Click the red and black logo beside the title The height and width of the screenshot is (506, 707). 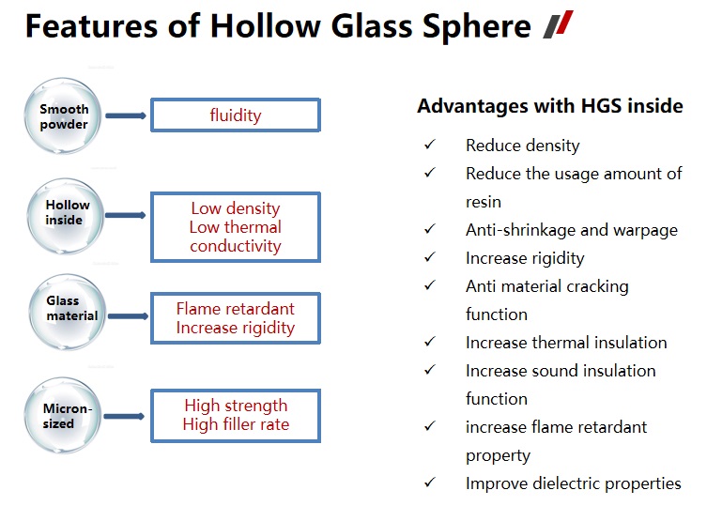pyautogui.click(x=558, y=26)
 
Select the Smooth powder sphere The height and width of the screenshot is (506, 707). pyautogui.click(x=65, y=116)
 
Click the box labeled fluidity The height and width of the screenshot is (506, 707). pyautogui.click(x=236, y=115)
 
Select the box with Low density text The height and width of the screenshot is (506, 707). pyautogui.click(x=236, y=227)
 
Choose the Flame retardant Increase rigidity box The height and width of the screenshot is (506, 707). pyautogui.click(x=236, y=318)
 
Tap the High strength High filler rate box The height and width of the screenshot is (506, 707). pyautogui.click(x=236, y=415)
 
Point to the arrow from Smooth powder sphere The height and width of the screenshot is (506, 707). pyautogui.click(x=126, y=115)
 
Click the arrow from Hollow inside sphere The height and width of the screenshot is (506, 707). pyautogui.click(x=126, y=215)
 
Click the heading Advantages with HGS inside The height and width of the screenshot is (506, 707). pyautogui.click(x=549, y=106)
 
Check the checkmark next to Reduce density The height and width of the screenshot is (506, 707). pyautogui.click(x=430, y=146)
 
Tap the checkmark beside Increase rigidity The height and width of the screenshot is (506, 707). pyautogui.click(x=430, y=258)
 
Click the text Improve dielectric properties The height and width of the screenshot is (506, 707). pyautogui.click(x=573, y=483)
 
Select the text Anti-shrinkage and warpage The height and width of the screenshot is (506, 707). pyautogui.click(x=571, y=230)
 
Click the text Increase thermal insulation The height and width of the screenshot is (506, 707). pyautogui.click(x=566, y=343)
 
